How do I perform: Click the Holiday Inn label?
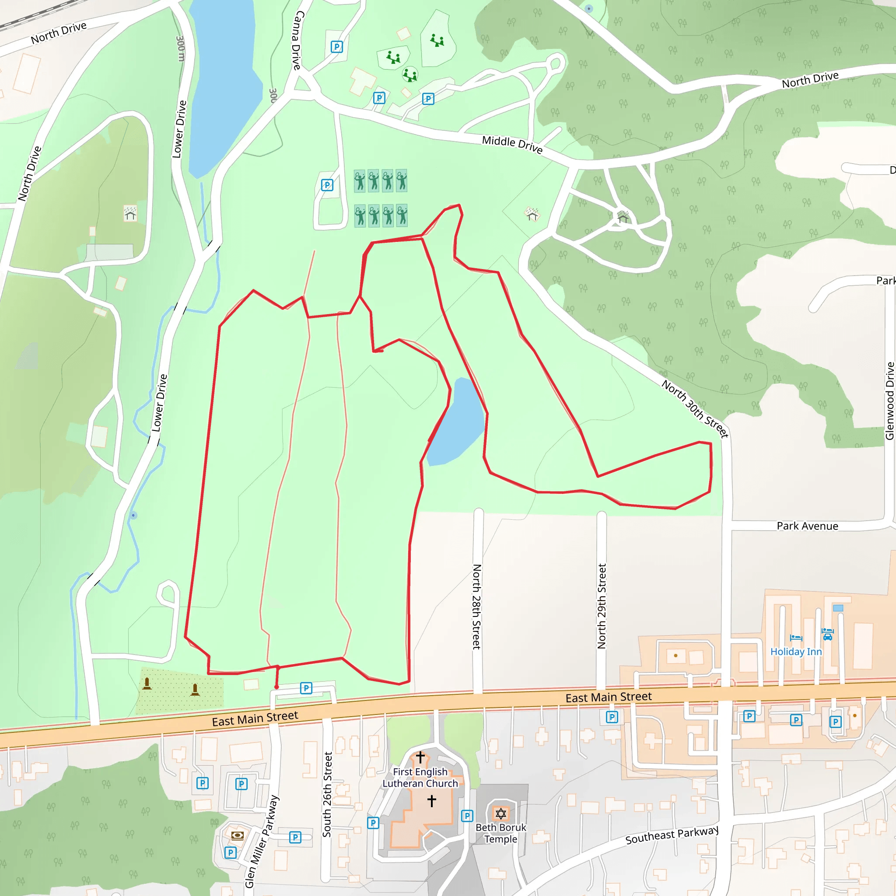[x=796, y=651]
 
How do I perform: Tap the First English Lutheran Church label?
[x=420, y=778]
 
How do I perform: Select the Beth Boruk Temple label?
[x=501, y=833]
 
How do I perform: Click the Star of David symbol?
[x=500, y=813]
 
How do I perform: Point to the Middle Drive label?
[x=512, y=144]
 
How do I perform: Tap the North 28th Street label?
[x=476, y=606]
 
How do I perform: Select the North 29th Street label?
[x=602, y=605]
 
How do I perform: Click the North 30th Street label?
[x=695, y=408]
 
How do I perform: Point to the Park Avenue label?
[x=808, y=526]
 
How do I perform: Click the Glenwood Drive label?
[x=889, y=401]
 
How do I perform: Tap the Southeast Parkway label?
[x=672, y=835]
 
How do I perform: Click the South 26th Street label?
[x=327, y=794]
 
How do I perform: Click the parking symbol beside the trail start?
[x=306, y=688]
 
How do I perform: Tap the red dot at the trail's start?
[x=277, y=687]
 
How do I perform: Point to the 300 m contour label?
[x=180, y=49]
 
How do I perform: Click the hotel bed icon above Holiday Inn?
[x=796, y=638]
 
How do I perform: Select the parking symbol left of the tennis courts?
[x=327, y=185]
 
